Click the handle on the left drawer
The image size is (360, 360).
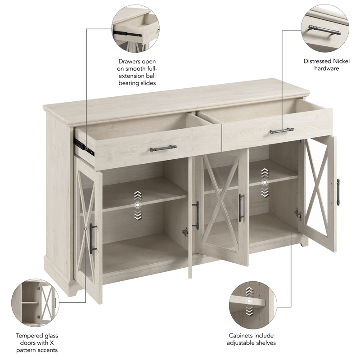point(163,148)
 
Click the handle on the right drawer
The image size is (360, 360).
point(282,131)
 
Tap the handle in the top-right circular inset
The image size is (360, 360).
point(324,31)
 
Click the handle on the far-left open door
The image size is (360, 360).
point(92,238)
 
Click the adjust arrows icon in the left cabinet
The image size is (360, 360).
point(138,205)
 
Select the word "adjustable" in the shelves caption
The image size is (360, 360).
point(247,343)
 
